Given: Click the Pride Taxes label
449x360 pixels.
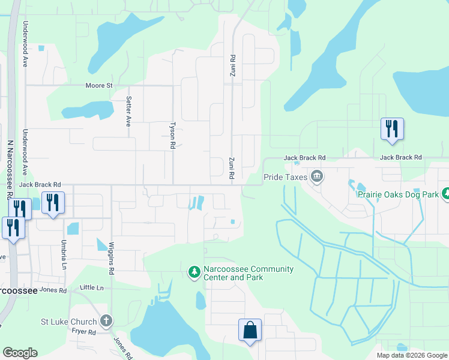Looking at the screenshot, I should (x=285, y=178).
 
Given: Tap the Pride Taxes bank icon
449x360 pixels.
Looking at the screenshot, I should (x=317, y=176).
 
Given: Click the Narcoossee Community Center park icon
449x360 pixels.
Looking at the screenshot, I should (x=194, y=272).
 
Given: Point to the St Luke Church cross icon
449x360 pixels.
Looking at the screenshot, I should (x=106, y=321).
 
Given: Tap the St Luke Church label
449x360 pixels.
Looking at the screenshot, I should (x=68, y=322).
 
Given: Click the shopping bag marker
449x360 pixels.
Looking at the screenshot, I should (x=250, y=330).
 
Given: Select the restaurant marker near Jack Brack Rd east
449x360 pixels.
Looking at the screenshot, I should (x=391, y=129).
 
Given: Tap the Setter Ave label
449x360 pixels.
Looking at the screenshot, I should (x=128, y=111).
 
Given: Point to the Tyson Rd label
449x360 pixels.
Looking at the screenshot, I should (x=172, y=136).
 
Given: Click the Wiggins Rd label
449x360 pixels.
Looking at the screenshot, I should (x=112, y=259).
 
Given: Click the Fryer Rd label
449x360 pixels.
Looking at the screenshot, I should (x=83, y=332).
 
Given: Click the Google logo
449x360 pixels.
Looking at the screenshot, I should (x=20, y=353).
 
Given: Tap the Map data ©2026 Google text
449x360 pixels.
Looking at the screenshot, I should (x=412, y=355).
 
